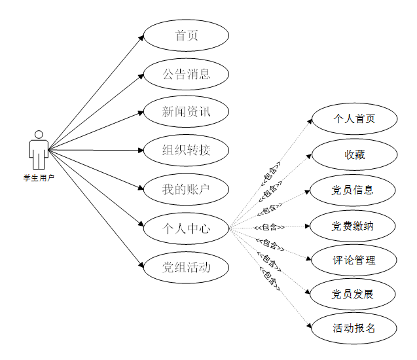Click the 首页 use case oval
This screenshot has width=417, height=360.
[x=187, y=35]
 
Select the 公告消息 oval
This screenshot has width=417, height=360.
[x=187, y=74]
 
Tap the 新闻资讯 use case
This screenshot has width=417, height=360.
[x=187, y=112]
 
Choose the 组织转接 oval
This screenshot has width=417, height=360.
[x=187, y=151]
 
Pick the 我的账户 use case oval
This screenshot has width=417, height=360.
[x=187, y=189]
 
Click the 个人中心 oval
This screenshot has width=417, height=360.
[x=187, y=228]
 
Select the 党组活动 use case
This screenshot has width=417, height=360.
[x=187, y=266]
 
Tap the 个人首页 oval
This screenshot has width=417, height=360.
[x=354, y=119]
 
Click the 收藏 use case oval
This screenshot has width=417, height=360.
[x=354, y=154]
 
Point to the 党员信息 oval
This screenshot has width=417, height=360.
[x=354, y=190]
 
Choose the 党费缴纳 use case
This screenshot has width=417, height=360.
[x=354, y=226]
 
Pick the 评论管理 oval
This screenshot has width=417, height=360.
[x=354, y=261]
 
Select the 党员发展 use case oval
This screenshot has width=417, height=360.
[x=354, y=295]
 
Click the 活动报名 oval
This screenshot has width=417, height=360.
[x=354, y=329]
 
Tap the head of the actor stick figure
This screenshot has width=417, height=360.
[x=39, y=135]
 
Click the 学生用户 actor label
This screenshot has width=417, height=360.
[x=39, y=177]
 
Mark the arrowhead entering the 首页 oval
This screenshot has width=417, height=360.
[x=141, y=37]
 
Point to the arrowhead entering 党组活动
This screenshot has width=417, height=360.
[x=141, y=264]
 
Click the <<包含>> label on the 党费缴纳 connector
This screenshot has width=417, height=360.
[x=269, y=227]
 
